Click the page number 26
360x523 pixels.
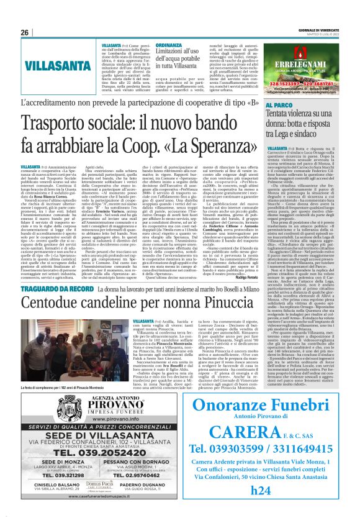coord(25,32)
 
